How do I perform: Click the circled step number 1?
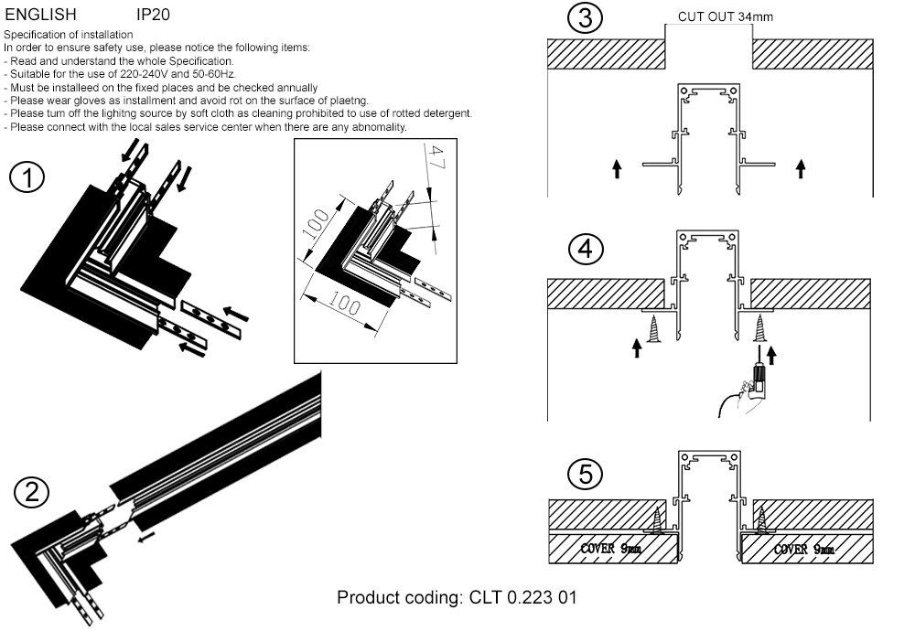click(27, 178)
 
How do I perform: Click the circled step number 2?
click(32, 493)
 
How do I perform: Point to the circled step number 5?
click(585, 474)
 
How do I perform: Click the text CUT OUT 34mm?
click(726, 16)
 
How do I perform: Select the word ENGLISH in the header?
click(41, 16)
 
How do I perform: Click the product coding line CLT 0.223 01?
click(457, 598)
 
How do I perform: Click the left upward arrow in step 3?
click(617, 168)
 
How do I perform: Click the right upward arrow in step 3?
click(802, 168)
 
